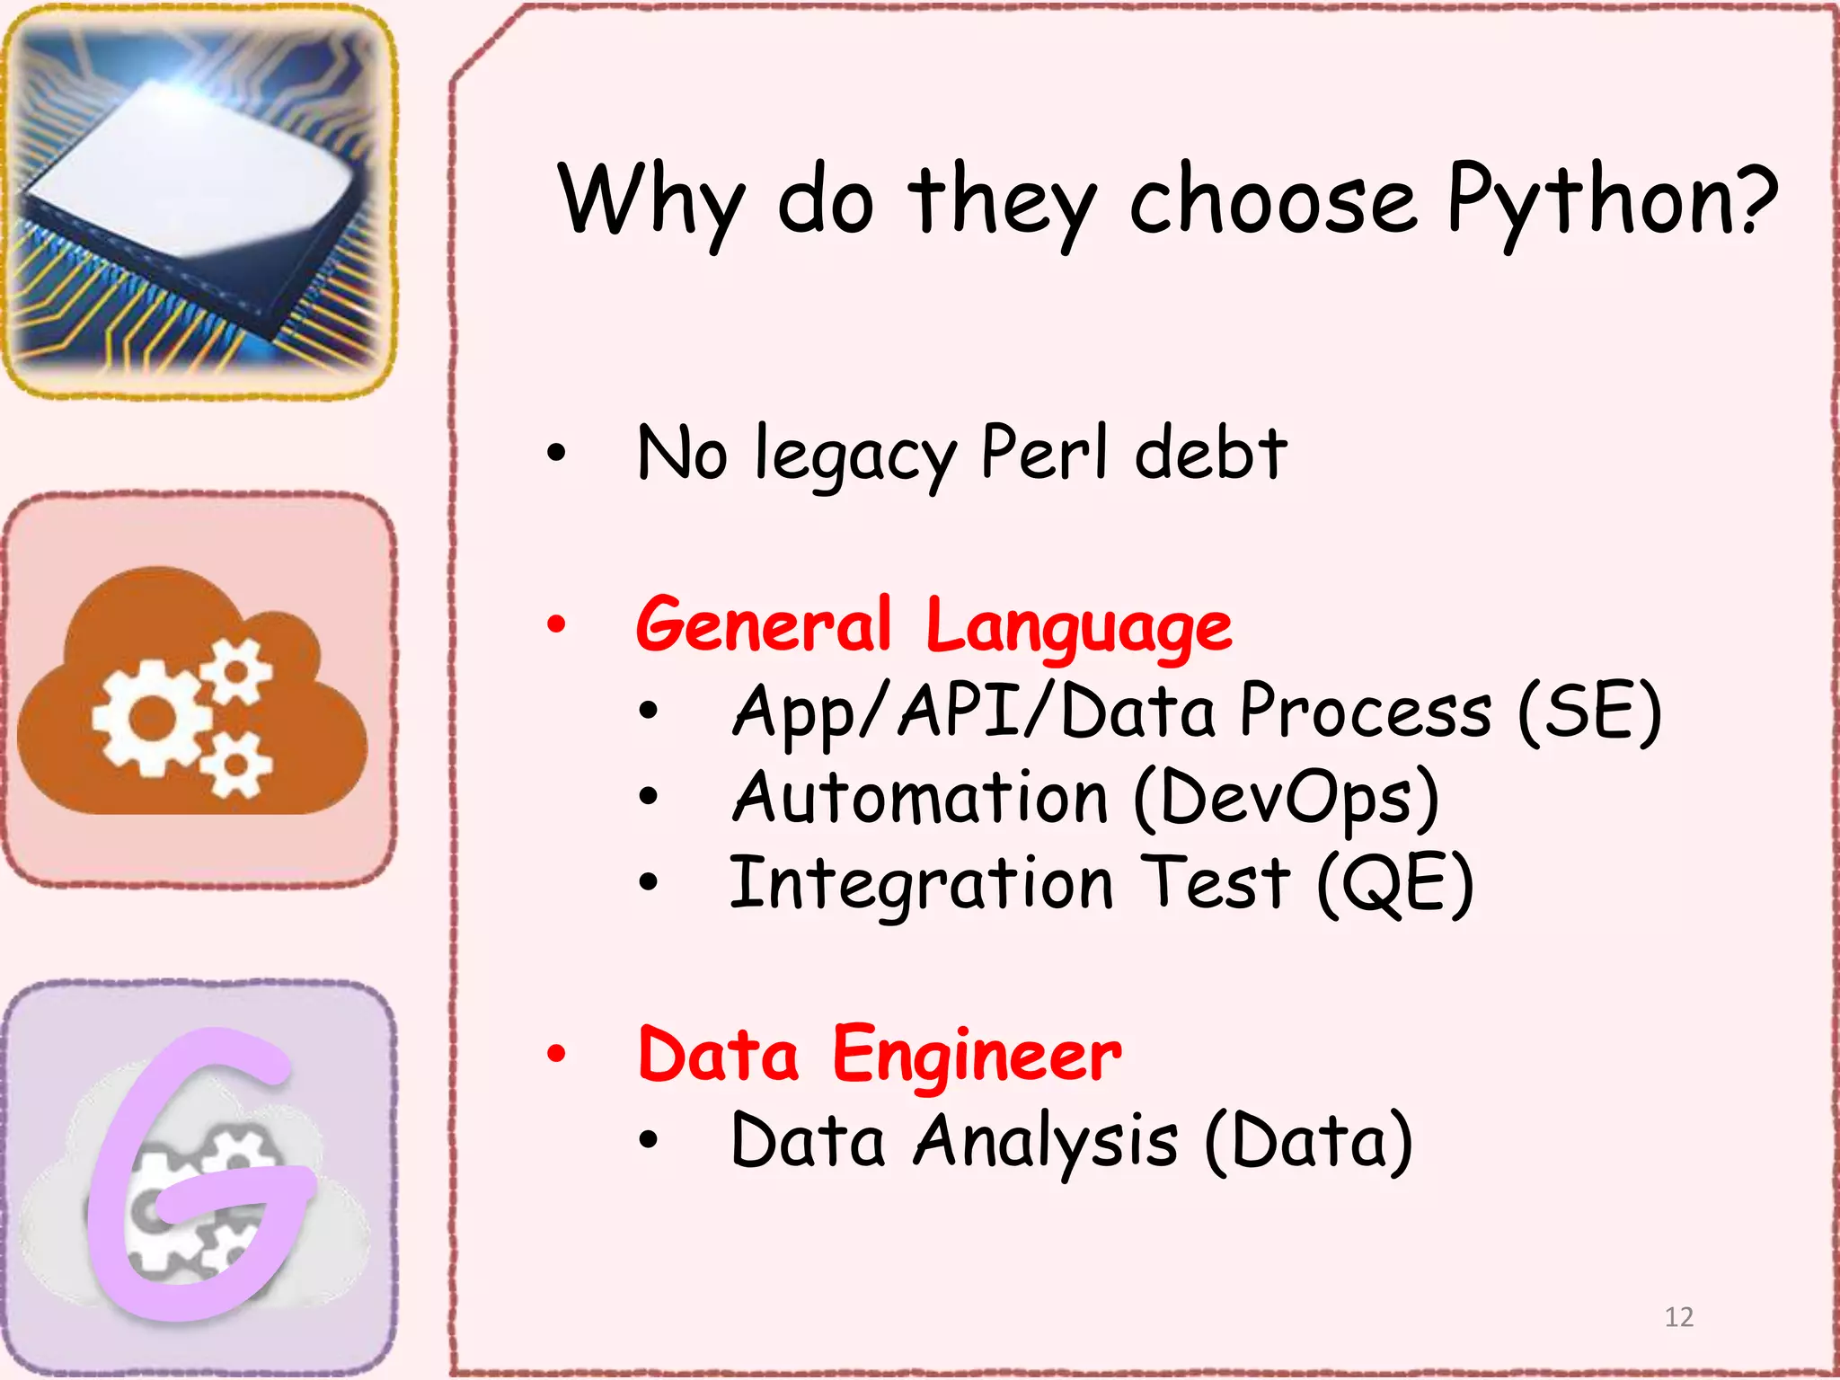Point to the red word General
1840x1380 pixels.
764,624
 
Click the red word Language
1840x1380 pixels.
1078,627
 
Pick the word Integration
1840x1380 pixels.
921,884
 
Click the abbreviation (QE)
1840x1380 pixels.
1395,884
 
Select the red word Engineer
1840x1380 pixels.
977,1056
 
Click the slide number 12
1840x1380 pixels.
1678,1317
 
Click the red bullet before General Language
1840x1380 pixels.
557,624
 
